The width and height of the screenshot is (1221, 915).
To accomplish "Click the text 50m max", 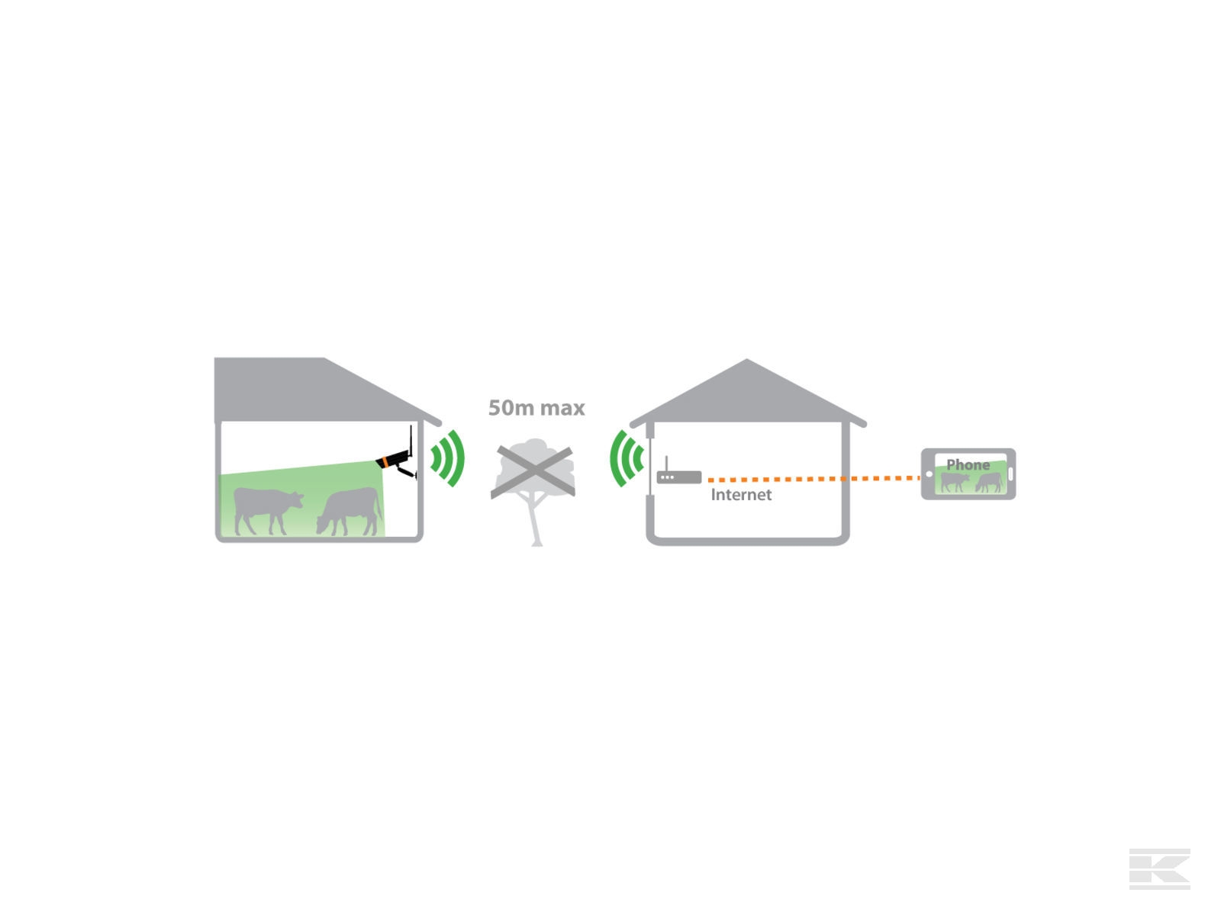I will (536, 408).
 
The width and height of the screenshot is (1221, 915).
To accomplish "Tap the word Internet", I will (741, 495).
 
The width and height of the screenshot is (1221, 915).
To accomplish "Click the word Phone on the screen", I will (968, 464).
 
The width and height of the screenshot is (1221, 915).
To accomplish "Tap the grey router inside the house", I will (679, 478).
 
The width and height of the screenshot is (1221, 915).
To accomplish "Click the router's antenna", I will (666, 464).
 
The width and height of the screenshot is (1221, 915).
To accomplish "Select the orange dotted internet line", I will (813, 479).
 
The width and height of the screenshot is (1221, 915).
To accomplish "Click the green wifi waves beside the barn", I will (449, 458).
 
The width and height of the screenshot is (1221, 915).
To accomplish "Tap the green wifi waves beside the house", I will (626, 458).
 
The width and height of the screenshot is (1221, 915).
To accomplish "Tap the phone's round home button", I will (929, 474).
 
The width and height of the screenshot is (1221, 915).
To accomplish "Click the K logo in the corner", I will (1159, 868).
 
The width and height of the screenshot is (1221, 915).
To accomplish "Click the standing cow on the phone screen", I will (954, 482).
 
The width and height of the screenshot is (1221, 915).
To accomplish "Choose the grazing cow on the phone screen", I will (989, 482).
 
